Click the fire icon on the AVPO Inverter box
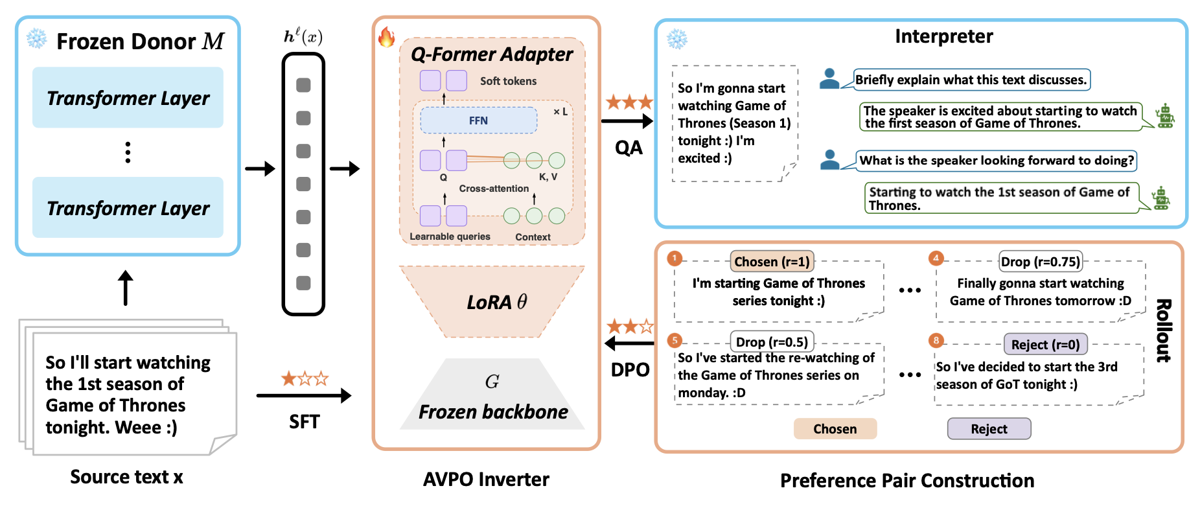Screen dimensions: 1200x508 click(x=386, y=37)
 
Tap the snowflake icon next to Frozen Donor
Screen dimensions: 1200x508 click(x=36, y=39)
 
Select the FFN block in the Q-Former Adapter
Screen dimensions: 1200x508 click(x=479, y=121)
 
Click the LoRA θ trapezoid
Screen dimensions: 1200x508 click(x=492, y=301)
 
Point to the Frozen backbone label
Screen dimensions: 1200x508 click(x=493, y=411)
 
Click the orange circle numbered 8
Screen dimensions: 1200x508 click(x=936, y=340)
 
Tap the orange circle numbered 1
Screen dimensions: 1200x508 click(x=675, y=259)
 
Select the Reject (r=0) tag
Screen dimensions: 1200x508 click(x=1046, y=345)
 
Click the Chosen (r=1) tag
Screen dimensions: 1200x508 click(x=772, y=261)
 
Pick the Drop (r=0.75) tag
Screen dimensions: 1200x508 click(x=1041, y=261)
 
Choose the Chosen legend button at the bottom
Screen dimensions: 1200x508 click(x=835, y=429)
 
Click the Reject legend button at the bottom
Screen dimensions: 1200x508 click(x=989, y=429)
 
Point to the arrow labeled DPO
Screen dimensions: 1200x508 click(x=629, y=343)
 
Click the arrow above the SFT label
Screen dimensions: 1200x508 click(x=304, y=395)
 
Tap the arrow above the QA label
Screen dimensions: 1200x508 click(x=627, y=121)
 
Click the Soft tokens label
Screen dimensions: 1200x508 click(x=508, y=81)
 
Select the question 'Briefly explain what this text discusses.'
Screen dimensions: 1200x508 click(x=971, y=80)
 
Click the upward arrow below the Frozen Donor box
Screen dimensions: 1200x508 click(x=126, y=288)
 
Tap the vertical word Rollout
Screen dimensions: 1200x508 click(x=1164, y=330)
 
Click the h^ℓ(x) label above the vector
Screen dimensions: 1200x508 click(x=303, y=36)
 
